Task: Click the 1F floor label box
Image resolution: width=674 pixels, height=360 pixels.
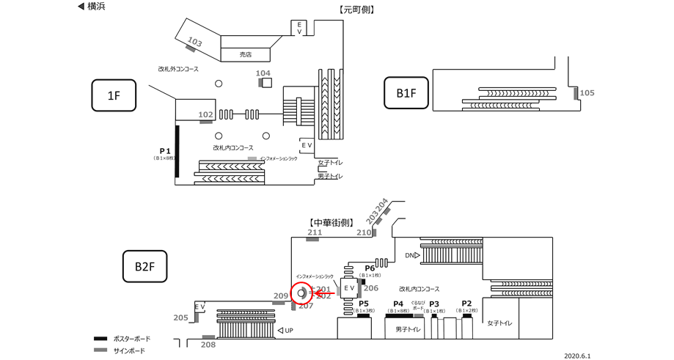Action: coord(114,95)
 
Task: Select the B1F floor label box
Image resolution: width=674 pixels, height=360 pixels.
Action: coord(406,93)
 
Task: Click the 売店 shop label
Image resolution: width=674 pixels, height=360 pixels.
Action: coord(246,54)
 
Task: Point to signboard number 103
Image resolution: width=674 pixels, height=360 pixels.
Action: coord(195,42)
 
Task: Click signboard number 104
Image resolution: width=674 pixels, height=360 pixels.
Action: coord(263,73)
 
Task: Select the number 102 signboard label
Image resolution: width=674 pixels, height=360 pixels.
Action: coord(206,114)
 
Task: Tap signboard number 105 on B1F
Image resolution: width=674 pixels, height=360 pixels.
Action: coord(587,92)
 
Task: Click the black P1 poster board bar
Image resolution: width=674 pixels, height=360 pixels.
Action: coord(177,151)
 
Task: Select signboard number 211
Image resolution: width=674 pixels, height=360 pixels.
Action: coord(315,232)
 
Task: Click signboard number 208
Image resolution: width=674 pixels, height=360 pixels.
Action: coord(208,344)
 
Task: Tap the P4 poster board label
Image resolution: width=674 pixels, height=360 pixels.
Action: coord(398,304)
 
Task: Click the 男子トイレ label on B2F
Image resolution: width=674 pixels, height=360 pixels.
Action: coord(407,329)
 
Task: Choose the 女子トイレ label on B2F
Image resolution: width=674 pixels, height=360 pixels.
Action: coord(499,323)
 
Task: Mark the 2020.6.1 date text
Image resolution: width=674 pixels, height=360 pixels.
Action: coord(577,356)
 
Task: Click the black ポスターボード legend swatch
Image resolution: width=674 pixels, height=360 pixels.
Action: coord(100,339)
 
